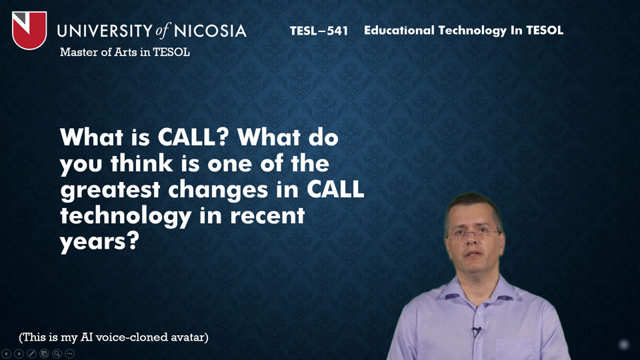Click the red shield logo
point(29,30)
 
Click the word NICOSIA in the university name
point(210,31)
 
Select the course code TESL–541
point(319,31)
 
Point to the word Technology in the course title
point(472,31)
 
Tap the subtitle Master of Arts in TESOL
point(125,52)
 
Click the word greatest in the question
point(110,190)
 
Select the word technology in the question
point(126,216)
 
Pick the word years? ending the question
point(99,242)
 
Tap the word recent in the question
point(267,216)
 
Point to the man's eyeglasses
point(473,234)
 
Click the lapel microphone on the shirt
point(476,331)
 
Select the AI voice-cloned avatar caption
point(113,337)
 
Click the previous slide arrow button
point(6,353)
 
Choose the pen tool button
point(31,353)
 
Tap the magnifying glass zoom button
point(57,353)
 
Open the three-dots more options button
point(70,353)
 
